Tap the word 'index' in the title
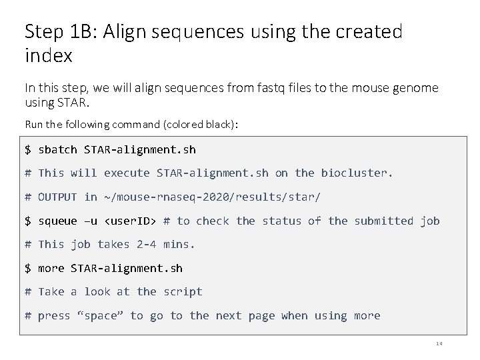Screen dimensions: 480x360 [48, 56]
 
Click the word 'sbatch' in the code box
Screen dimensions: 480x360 [57, 149]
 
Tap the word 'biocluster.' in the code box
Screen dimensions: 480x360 [357, 173]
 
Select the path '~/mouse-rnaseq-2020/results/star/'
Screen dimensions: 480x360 [212, 197]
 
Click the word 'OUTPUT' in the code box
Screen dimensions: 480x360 [57, 197]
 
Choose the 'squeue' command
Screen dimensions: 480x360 [57, 221]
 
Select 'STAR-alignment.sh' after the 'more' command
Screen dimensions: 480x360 [127, 268]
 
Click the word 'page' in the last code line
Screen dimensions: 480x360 [261, 315]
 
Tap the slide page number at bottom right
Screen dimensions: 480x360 [439, 344]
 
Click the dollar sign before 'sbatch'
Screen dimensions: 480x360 [28, 149]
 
